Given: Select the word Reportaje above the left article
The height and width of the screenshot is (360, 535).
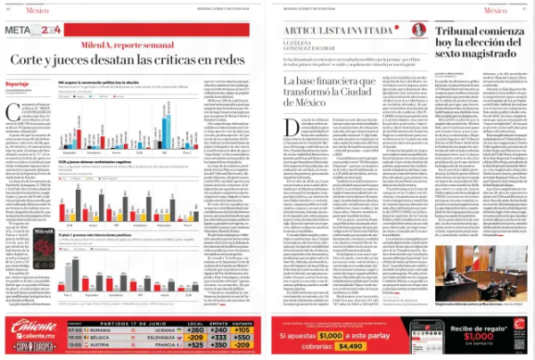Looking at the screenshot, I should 18,82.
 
